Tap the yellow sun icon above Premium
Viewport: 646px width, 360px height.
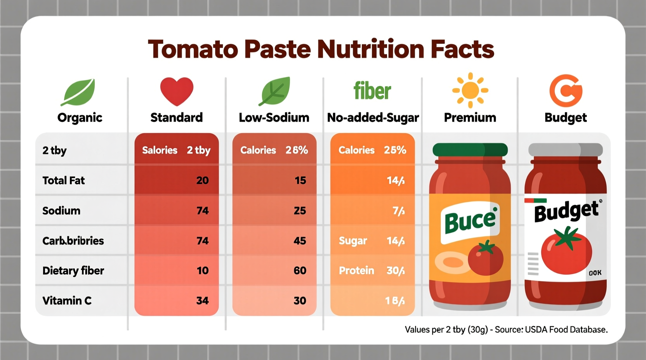coord(470,90)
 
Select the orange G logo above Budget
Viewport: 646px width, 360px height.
coord(566,91)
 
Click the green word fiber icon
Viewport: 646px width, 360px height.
coord(372,91)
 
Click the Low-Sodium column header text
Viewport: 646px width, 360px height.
coord(274,118)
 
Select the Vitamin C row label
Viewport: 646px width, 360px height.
coord(67,301)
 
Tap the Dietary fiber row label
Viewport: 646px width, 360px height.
coord(73,271)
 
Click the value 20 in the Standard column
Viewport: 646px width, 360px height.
coord(202,180)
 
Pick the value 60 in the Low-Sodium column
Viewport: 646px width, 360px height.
coord(300,271)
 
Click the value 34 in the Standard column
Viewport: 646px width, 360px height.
coord(202,301)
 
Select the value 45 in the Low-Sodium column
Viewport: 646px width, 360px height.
coord(300,241)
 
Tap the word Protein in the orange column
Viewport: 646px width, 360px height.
coord(356,271)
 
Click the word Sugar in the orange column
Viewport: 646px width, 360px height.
coord(353,241)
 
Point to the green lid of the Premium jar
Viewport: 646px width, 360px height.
coord(470,150)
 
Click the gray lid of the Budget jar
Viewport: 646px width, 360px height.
coord(565,150)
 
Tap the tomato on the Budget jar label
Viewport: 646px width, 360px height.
coord(566,250)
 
